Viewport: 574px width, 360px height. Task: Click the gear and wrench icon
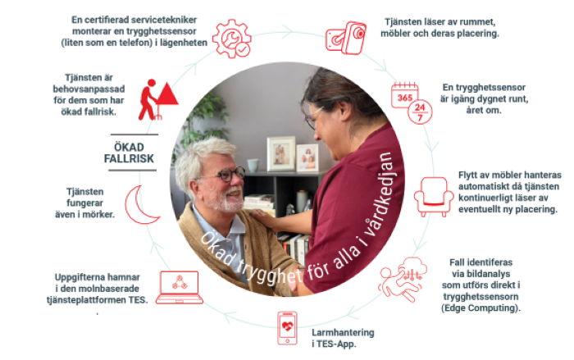pyautogui.click(x=231, y=38)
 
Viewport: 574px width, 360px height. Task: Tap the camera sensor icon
pyautogui.click(x=344, y=37)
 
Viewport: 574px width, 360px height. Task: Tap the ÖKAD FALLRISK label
pyautogui.click(x=139, y=152)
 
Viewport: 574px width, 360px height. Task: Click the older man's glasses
pyautogui.click(x=225, y=175)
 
